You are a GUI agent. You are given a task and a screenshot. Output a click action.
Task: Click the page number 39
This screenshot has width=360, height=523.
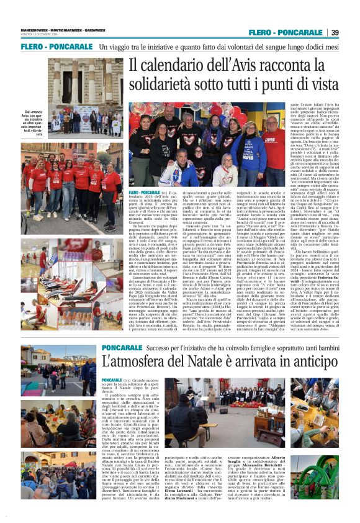(335, 32)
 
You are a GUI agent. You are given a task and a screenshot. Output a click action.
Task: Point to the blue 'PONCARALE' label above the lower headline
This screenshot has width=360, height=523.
(123, 347)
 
